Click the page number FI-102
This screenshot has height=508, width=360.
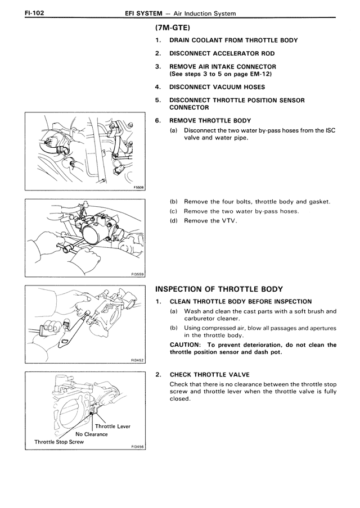[19, 12]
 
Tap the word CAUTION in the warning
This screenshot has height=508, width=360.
[186, 345]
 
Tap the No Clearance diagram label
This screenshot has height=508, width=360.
[91, 434]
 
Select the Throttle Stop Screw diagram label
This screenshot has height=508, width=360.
[59, 442]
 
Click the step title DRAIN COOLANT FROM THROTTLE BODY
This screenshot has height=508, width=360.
[233, 40]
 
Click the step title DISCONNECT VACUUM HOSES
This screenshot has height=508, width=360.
[217, 87]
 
